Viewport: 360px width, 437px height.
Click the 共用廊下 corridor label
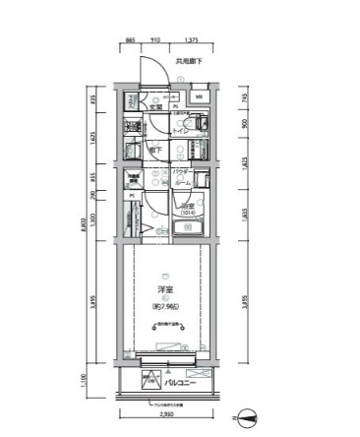(x=189, y=62)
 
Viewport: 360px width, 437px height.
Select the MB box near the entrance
(x=198, y=97)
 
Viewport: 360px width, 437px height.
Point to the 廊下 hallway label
(x=155, y=150)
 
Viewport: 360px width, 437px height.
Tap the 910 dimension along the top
(x=156, y=42)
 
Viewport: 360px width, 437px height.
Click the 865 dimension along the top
(x=131, y=42)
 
